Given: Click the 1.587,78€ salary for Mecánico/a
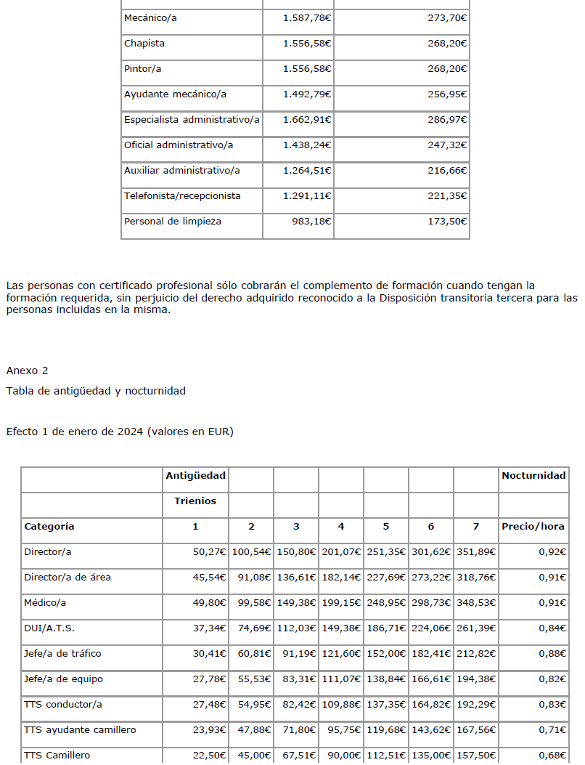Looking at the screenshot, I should coord(307,18).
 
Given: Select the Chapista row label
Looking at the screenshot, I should coord(144,44).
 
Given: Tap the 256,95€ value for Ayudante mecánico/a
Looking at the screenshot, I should coord(447,94).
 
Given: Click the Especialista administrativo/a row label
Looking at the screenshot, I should coord(192,120).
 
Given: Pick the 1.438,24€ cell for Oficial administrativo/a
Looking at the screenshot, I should coord(307,145).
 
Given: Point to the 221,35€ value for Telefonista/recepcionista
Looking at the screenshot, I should coord(447,196).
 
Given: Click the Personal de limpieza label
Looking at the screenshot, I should coord(173,222).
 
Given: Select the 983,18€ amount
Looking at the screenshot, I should coord(311,222).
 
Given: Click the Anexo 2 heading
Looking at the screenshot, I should coord(27,371).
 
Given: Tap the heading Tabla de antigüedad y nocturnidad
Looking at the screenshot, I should coord(96,391).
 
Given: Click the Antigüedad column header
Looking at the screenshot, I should coord(195,476).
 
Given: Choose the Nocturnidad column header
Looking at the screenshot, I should coord(533,476).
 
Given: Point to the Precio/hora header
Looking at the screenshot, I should coord(533,527).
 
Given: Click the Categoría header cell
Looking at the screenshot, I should coord(49,527).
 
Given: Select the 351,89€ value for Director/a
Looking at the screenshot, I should coord(475,552).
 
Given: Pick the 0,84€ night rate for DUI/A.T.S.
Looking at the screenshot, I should coord(552,628).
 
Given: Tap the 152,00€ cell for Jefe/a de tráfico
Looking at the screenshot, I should coord(385,654).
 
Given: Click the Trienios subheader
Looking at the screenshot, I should coord(195,501).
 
